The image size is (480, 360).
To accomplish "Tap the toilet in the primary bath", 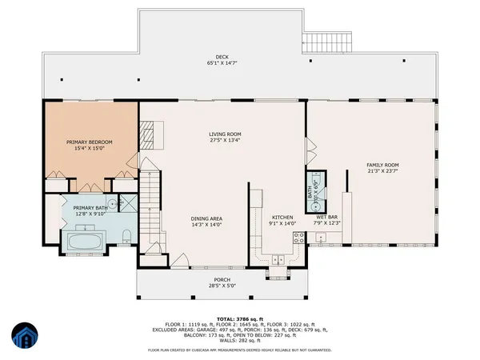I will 128,234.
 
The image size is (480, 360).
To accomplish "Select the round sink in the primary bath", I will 114,204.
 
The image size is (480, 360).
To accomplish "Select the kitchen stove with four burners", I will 298,237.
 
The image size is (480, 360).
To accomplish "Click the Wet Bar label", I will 326,217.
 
